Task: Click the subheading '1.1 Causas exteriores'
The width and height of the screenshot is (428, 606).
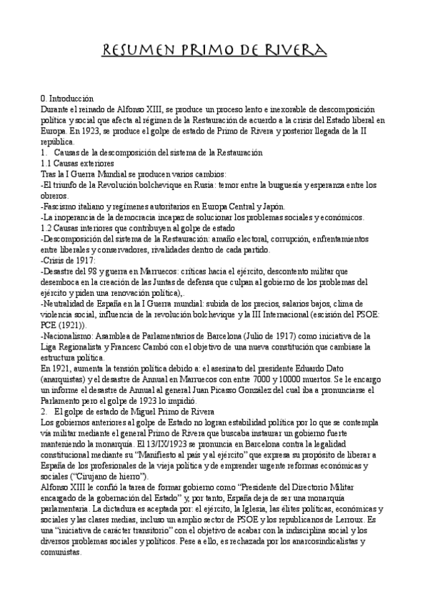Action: point(79,163)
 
